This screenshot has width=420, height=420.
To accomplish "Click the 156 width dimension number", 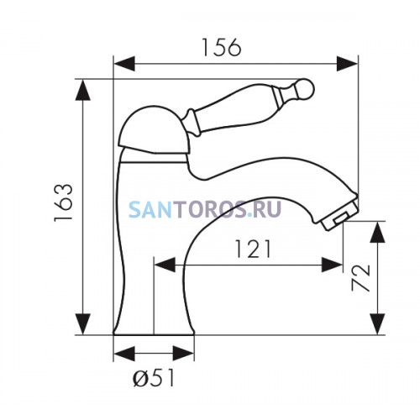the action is [221, 47].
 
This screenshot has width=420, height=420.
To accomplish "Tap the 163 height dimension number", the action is [64, 203].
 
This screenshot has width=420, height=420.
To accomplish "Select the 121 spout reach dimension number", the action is [253, 249].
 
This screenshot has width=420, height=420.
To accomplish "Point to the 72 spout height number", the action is [361, 278].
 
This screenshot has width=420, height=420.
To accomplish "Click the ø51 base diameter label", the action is [154, 378].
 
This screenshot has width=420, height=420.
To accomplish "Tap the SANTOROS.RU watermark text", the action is [205, 209].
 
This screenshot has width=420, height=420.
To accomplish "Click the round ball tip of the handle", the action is [306, 89].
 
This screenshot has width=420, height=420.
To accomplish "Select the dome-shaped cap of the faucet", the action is [154, 130].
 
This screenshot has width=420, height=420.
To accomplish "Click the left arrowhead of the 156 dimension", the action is [124, 64].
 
